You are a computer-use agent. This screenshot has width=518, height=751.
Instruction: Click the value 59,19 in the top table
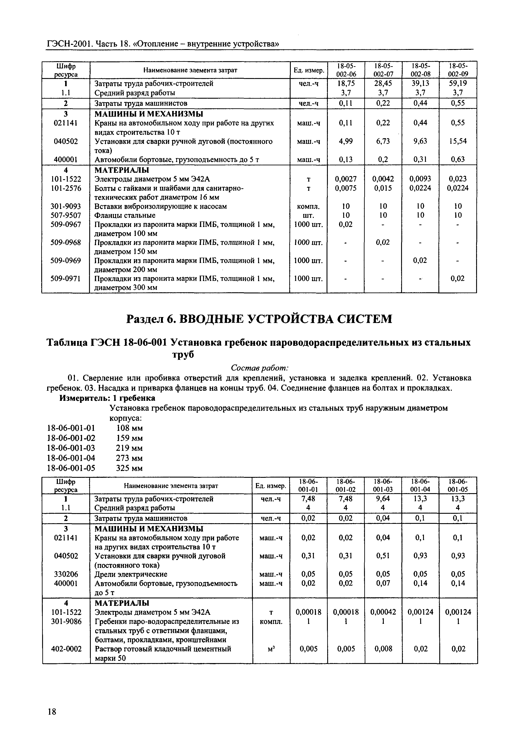(458, 83)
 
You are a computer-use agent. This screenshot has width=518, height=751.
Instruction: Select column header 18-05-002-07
(383, 70)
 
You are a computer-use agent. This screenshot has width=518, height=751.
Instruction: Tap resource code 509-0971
(66, 278)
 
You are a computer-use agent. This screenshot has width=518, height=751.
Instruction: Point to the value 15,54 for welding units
(458, 141)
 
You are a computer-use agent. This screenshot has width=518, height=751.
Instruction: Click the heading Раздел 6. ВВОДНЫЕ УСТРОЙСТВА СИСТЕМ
(259, 319)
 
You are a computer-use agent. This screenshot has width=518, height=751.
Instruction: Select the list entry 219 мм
(129, 448)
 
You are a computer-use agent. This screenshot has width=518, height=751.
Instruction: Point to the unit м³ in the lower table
(271, 649)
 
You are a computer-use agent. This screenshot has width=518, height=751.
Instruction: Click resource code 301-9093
(66, 206)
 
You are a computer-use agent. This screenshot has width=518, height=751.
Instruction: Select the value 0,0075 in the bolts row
(346, 188)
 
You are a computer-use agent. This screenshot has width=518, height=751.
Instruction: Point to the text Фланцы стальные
(125, 216)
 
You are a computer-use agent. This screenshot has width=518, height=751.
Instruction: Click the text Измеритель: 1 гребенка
(107, 398)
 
